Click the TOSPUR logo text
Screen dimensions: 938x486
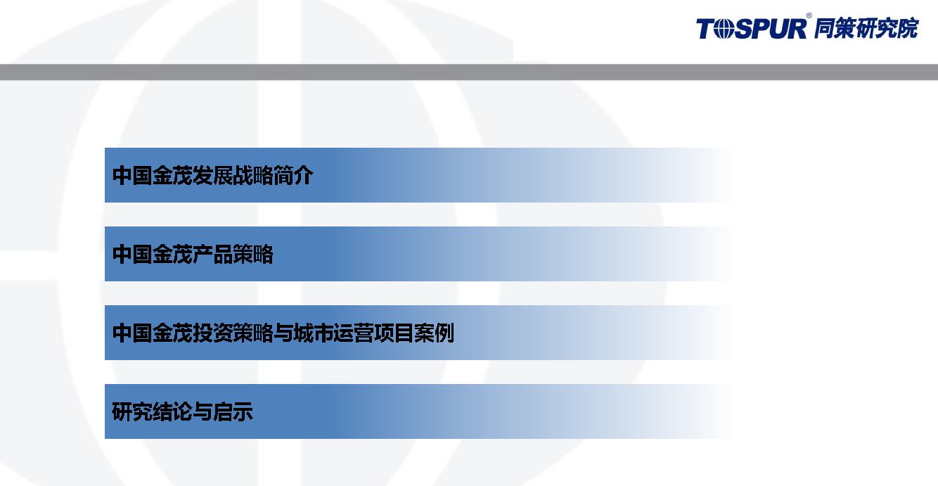(x=751, y=29)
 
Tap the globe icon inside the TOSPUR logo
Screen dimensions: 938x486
(x=722, y=30)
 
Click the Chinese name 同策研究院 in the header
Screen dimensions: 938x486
(x=866, y=28)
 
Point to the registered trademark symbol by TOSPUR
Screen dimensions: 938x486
(x=809, y=15)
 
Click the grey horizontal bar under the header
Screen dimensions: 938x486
(x=469, y=72)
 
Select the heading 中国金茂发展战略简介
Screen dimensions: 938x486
(x=213, y=175)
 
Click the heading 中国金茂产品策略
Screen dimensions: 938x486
(x=193, y=254)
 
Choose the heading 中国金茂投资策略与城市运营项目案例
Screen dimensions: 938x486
(x=283, y=333)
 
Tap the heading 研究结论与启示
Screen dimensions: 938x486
(x=183, y=411)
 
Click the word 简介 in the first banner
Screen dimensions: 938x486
(x=293, y=175)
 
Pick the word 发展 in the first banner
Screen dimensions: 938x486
(x=213, y=175)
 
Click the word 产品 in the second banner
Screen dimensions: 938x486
(x=213, y=254)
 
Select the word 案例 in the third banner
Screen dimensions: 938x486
(x=435, y=333)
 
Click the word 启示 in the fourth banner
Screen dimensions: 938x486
(x=233, y=411)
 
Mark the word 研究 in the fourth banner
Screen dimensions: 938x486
(x=132, y=411)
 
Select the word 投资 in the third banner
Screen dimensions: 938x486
(x=213, y=333)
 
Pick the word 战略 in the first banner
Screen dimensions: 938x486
(x=253, y=175)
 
